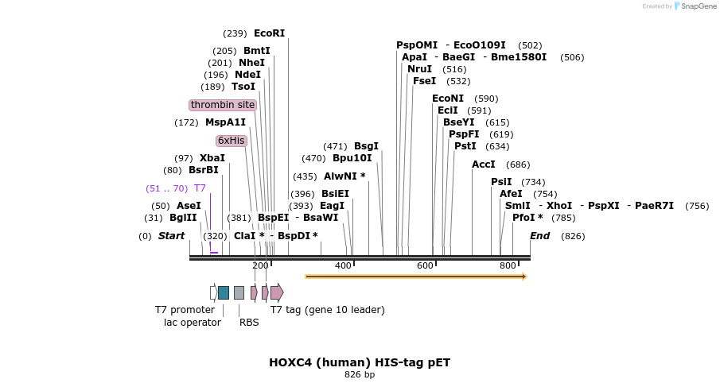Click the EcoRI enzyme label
269,33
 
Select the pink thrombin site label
223,105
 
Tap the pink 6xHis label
232,141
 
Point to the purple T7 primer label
200,188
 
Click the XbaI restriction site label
212,158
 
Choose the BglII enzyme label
183,218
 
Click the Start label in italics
171,236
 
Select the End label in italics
539,236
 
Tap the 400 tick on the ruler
343,265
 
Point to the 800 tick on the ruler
508,265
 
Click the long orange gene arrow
415,277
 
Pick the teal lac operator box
224,292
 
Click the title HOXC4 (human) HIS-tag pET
360,362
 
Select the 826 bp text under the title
360,374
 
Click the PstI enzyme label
465,146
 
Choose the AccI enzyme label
484,164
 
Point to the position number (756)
696,206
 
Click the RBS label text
249,322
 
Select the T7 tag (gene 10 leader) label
327,310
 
